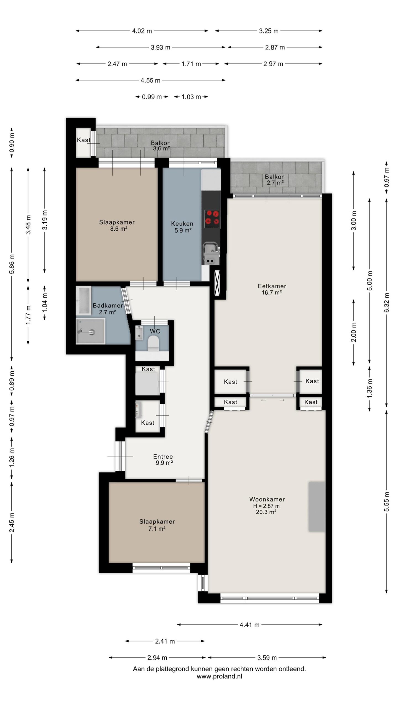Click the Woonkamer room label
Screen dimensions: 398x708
267,499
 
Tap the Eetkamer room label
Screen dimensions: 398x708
272,286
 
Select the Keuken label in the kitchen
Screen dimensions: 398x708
182,223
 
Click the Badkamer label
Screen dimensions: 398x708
108,305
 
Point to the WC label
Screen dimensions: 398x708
155,331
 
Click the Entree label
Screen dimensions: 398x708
163,457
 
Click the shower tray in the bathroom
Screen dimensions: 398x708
91,331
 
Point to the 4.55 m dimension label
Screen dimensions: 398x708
150,80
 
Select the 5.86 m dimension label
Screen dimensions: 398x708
12,264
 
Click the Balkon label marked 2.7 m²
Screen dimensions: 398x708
275,179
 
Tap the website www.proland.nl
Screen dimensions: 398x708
219,674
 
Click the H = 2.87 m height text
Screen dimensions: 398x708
266,506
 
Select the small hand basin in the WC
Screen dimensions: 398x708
139,333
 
